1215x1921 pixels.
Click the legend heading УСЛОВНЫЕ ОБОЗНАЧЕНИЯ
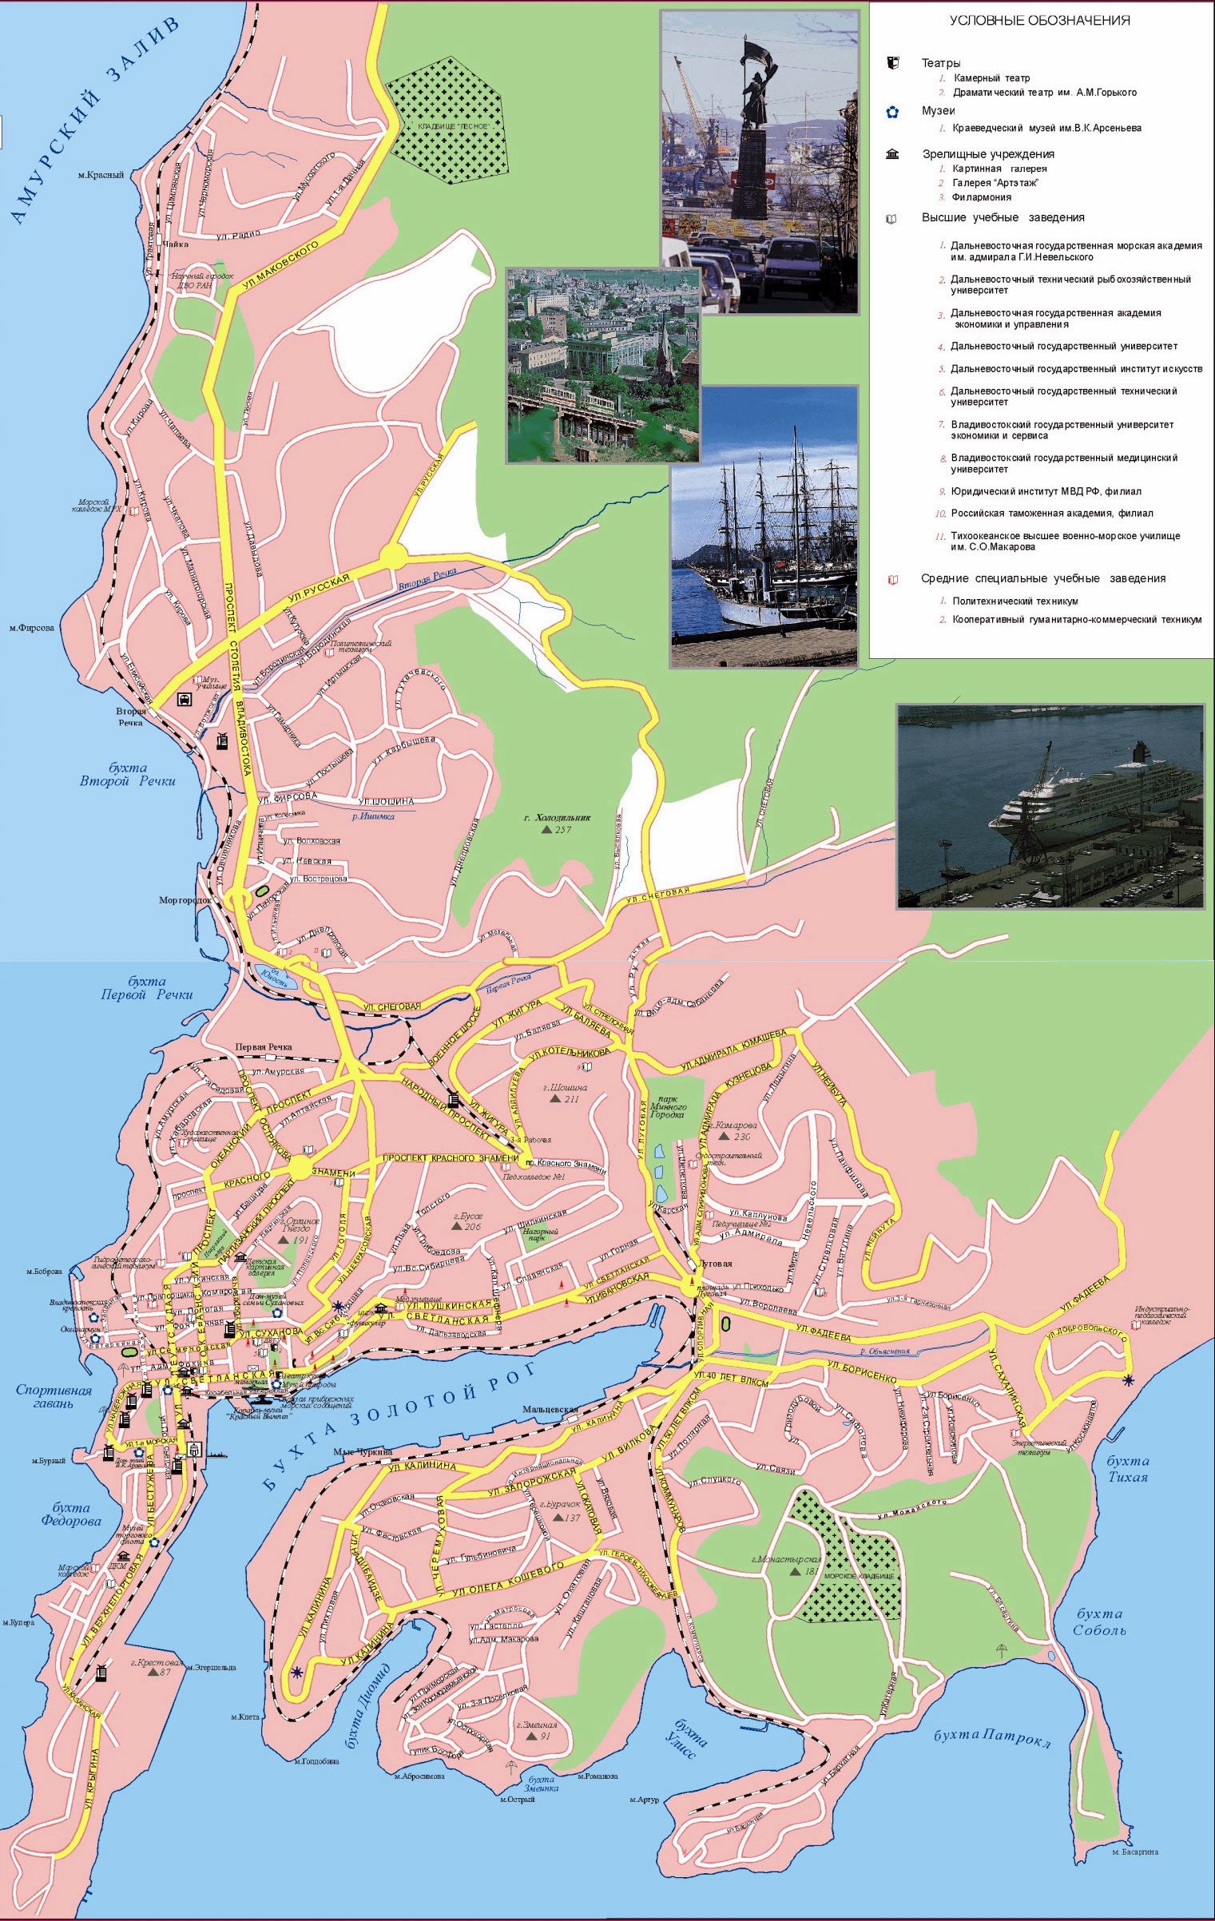(x=1039, y=22)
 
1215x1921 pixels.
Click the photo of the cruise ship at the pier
(x=1050, y=805)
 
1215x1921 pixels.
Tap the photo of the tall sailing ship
(x=764, y=527)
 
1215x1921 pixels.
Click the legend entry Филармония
(x=981, y=197)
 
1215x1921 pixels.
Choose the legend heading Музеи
(x=938, y=111)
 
